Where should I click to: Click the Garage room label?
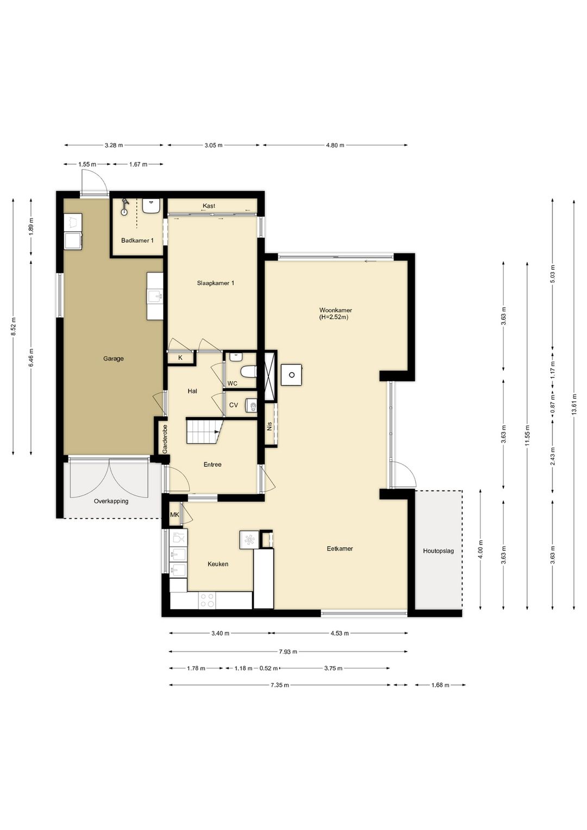[114, 358]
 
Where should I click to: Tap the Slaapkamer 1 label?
[216, 283]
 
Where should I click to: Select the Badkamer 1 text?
[138, 240]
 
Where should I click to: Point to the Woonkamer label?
[335, 310]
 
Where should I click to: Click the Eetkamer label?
[340, 548]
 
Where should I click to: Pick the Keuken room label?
[218, 564]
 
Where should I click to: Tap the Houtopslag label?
[439, 551]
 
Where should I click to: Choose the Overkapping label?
[111, 501]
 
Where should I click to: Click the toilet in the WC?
[248, 371]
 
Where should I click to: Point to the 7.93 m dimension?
[288, 652]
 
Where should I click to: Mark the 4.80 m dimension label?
[335, 145]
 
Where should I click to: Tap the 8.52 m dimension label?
[14, 327]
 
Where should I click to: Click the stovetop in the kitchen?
[207, 600]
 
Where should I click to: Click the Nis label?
[269, 427]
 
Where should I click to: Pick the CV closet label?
[233, 405]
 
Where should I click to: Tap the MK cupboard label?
[174, 515]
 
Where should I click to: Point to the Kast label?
[209, 206]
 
